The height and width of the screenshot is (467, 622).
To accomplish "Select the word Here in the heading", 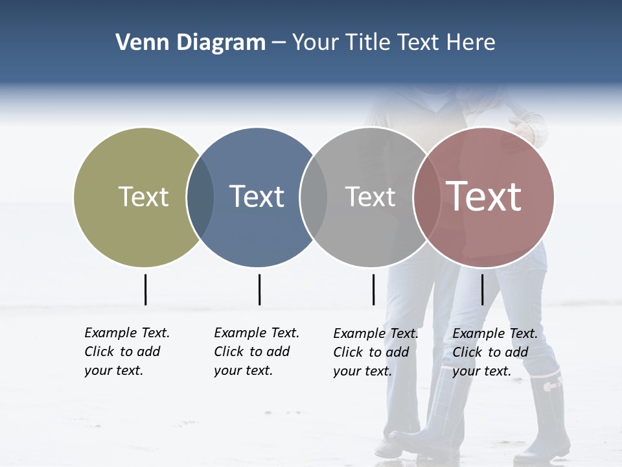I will click(472, 43).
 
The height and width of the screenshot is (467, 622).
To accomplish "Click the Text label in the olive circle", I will click(143, 197).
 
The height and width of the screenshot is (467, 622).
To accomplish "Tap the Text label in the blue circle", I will click(257, 197).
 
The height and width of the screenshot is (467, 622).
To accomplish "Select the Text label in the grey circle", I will click(370, 197).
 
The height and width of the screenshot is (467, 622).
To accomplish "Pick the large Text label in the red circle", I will click(484, 197).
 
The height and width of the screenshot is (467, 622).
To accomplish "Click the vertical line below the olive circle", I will click(145, 289).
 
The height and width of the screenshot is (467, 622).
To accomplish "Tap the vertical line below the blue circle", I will click(259, 289).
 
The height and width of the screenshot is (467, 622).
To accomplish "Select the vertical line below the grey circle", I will click(373, 289).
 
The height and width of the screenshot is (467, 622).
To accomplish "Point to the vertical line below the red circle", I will click(482, 289).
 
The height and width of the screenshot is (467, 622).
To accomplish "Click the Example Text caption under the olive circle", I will click(126, 352).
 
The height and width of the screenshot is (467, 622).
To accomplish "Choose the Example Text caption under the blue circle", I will click(256, 352).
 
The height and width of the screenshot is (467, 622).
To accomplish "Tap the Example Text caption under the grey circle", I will click(375, 352).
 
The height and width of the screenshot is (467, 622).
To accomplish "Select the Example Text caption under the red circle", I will click(494, 352).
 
